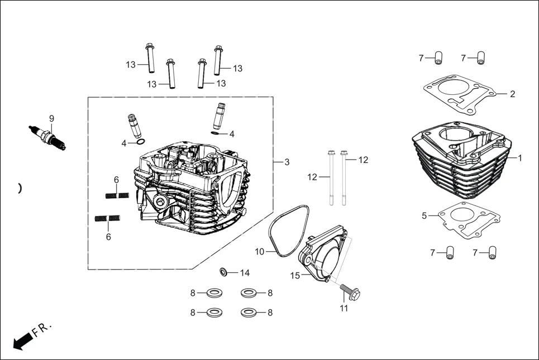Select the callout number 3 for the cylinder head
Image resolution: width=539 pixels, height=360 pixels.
click(287, 162)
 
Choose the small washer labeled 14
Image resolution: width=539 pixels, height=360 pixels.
click(223, 272)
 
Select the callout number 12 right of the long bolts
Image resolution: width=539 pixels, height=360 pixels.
click(363, 160)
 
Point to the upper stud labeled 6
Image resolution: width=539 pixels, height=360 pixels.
click(117, 195)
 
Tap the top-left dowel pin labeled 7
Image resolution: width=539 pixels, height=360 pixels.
click(438, 57)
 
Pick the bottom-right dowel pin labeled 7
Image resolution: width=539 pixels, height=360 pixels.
click(492, 253)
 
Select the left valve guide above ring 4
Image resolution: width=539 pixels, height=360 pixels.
click(135, 126)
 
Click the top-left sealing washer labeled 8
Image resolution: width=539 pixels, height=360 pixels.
click(213, 292)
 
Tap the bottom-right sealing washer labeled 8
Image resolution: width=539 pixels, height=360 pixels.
click(249, 313)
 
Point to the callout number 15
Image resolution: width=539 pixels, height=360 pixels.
click(295, 275)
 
